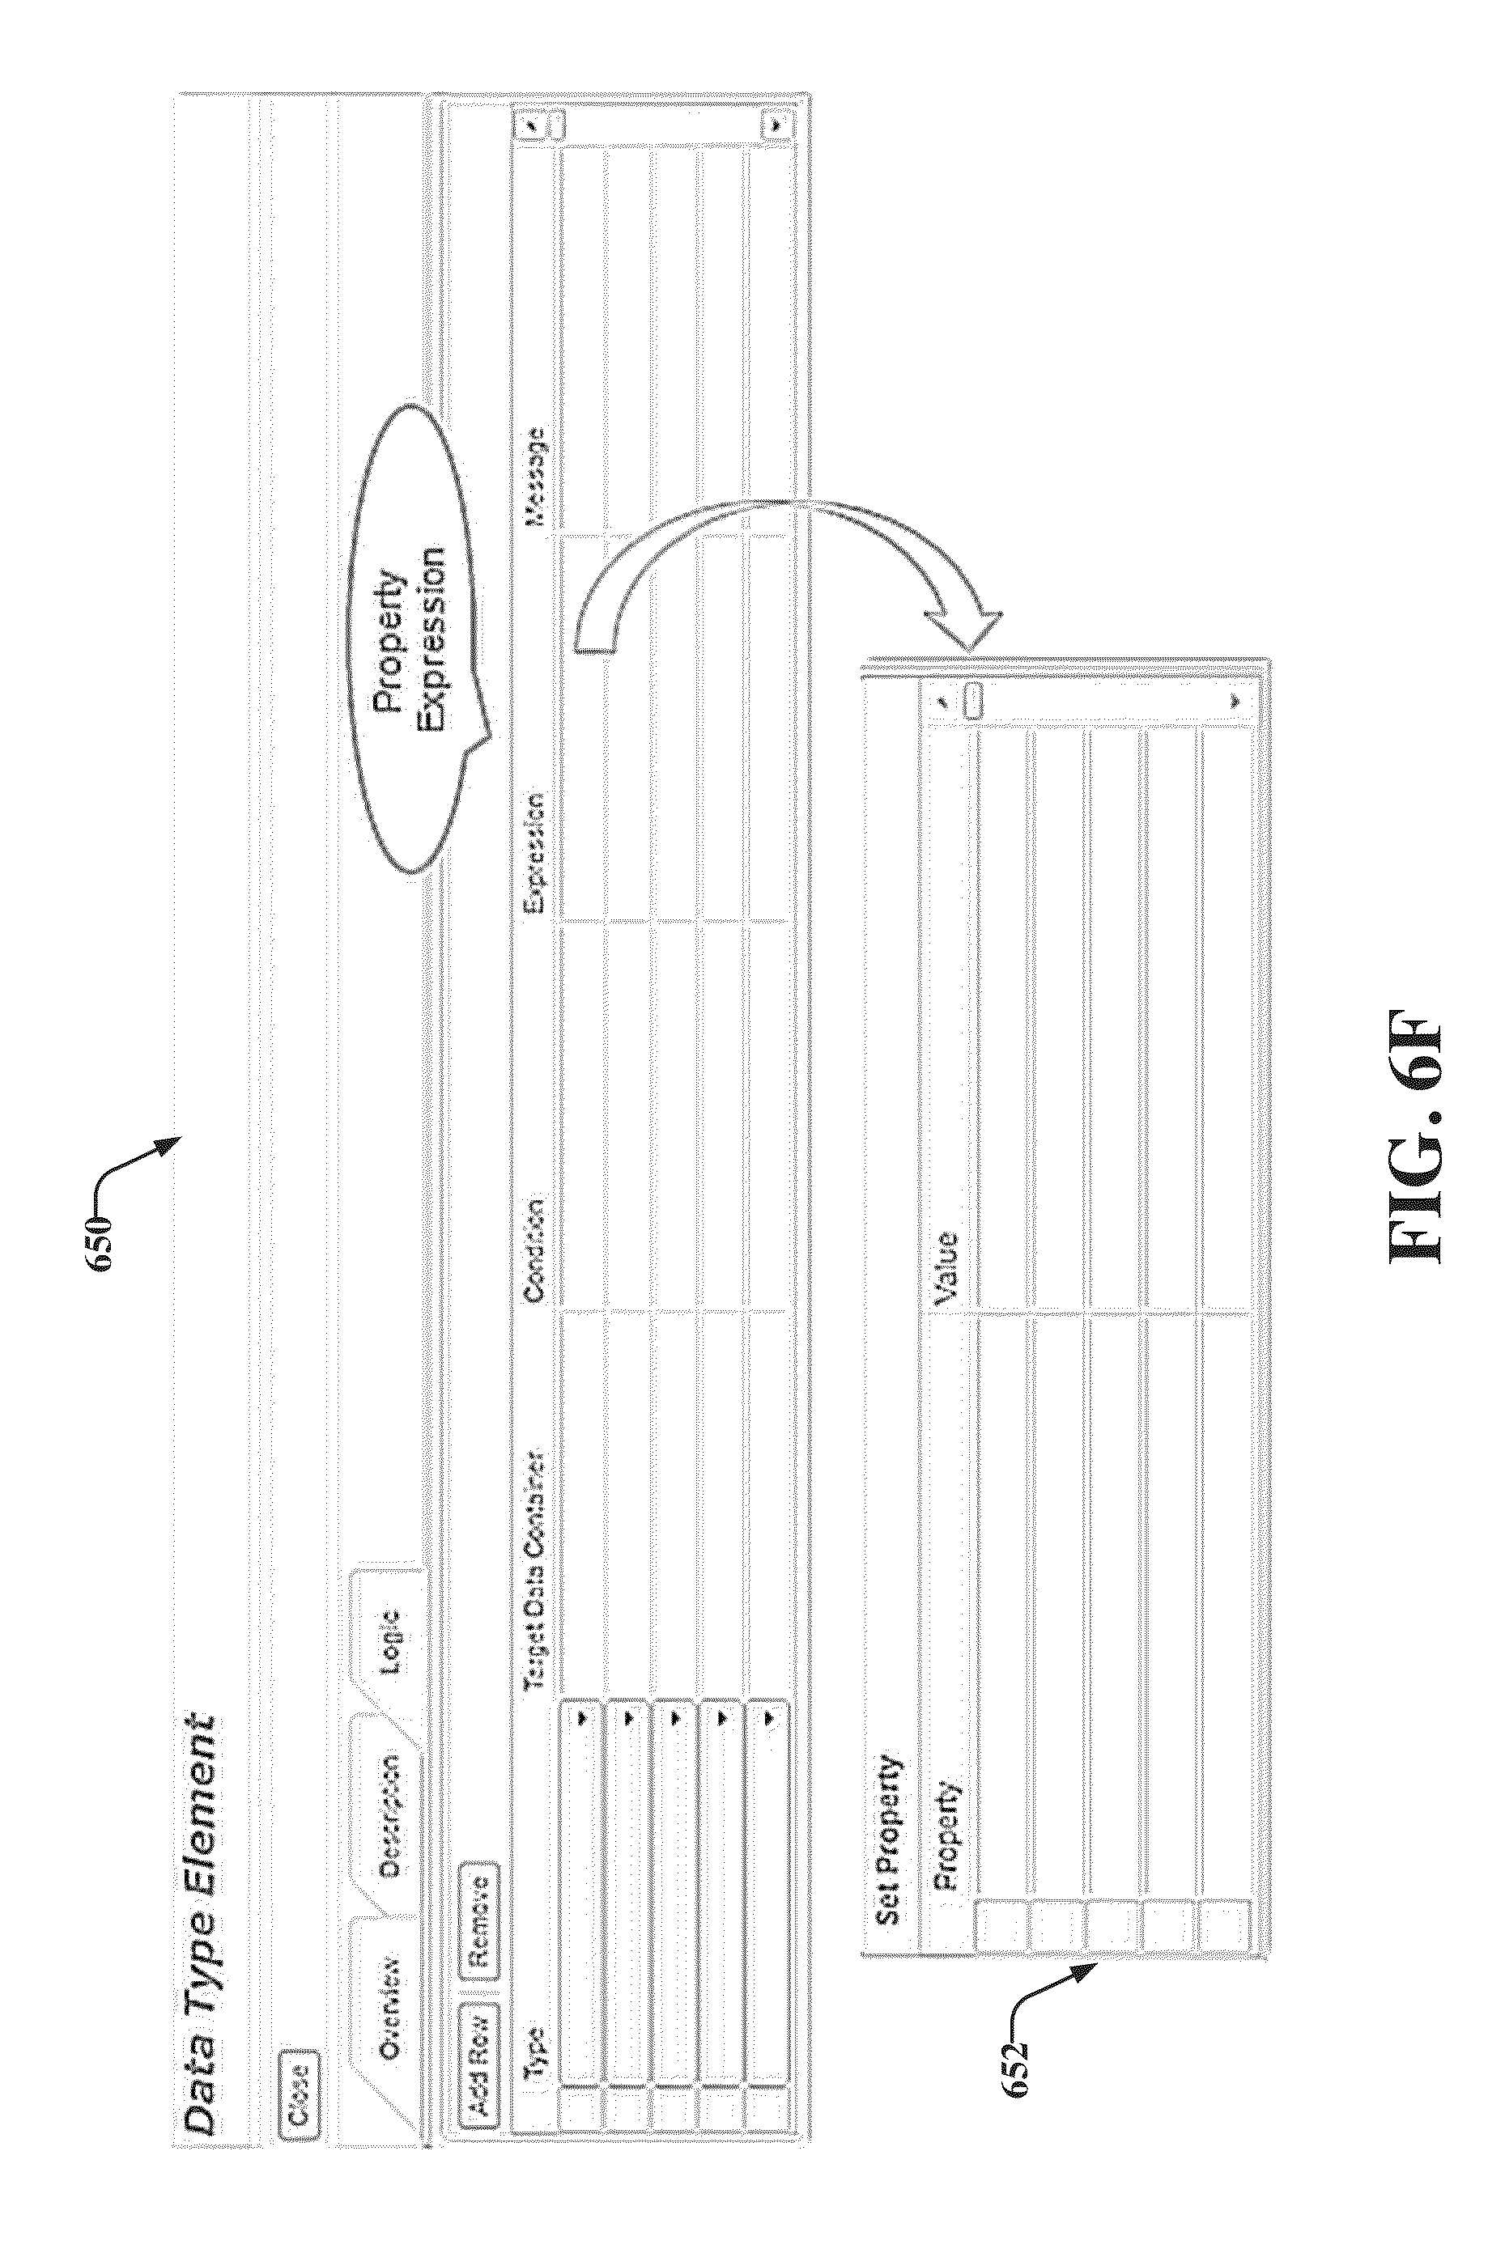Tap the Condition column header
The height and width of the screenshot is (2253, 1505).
coord(534,1250)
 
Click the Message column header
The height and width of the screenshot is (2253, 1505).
coord(534,477)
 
